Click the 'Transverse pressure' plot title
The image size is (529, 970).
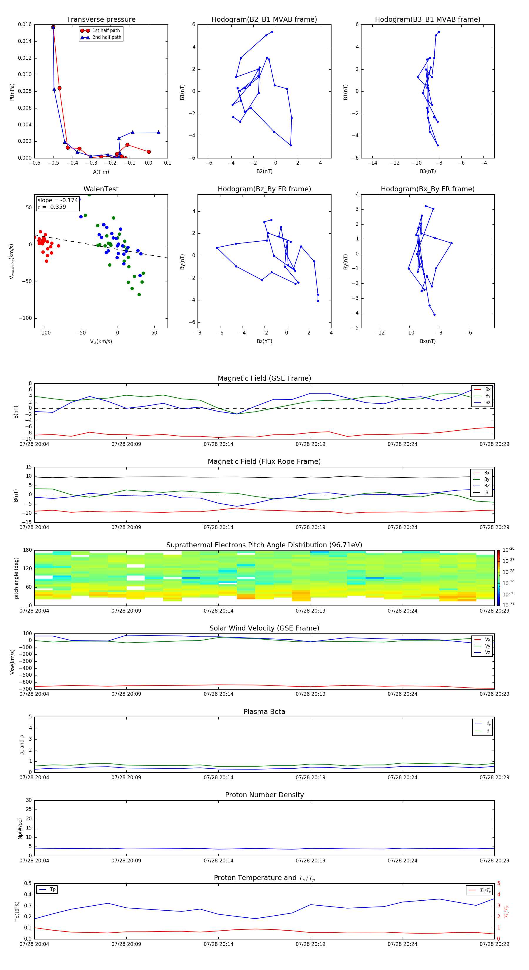point(101,20)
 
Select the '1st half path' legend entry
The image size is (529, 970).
point(106,31)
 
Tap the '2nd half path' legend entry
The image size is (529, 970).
point(107,37)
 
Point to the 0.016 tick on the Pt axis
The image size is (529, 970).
point(25,24)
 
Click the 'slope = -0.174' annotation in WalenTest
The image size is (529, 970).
point(58,200)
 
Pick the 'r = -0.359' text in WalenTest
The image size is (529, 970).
point(52,207)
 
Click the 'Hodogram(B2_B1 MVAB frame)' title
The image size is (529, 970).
point(264,20)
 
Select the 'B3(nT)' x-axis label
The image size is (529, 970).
point(428,171)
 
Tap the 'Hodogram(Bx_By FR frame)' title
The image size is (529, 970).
point(427,189)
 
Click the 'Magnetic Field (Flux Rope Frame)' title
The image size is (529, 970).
point(264,462)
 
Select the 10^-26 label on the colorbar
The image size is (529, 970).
point(508,550)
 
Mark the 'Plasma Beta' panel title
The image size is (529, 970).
point(264,712)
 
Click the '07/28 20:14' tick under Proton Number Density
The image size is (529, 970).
point(218,860)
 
